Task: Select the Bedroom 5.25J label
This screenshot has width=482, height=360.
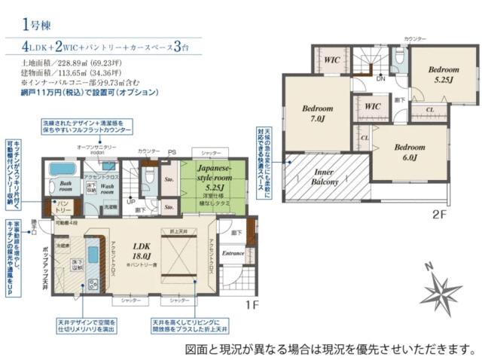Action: point(444,74)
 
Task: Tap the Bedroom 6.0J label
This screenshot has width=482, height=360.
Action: point(410,152)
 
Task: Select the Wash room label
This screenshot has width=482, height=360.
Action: point(108,187)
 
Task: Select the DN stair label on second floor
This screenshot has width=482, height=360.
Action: point(380,78)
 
